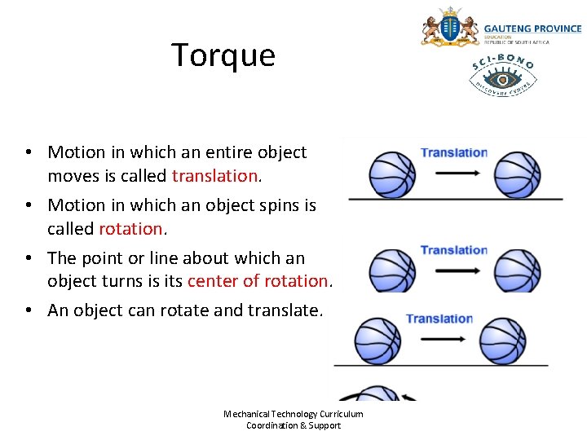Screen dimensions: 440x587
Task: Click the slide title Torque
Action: [223, 55]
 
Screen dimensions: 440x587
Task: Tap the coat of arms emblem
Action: [449, 28]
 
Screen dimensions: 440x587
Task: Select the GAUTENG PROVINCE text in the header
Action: [532, 29]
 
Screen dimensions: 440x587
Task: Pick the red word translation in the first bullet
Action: [215, 175]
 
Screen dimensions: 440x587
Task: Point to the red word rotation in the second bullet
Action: [130, 228]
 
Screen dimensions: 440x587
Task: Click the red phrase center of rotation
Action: [258, 280]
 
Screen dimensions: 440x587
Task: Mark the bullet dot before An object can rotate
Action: [28, 310]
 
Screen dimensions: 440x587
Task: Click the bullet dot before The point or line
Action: [28, 258]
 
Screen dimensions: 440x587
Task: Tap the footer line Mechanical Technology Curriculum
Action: [293, 414]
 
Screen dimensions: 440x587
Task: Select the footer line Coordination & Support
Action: [293, 425]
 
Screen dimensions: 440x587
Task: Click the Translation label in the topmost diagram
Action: [454, 152]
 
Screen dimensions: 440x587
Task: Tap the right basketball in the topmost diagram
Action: [518, 174]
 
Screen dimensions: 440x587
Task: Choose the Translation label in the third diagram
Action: [439, 319]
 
